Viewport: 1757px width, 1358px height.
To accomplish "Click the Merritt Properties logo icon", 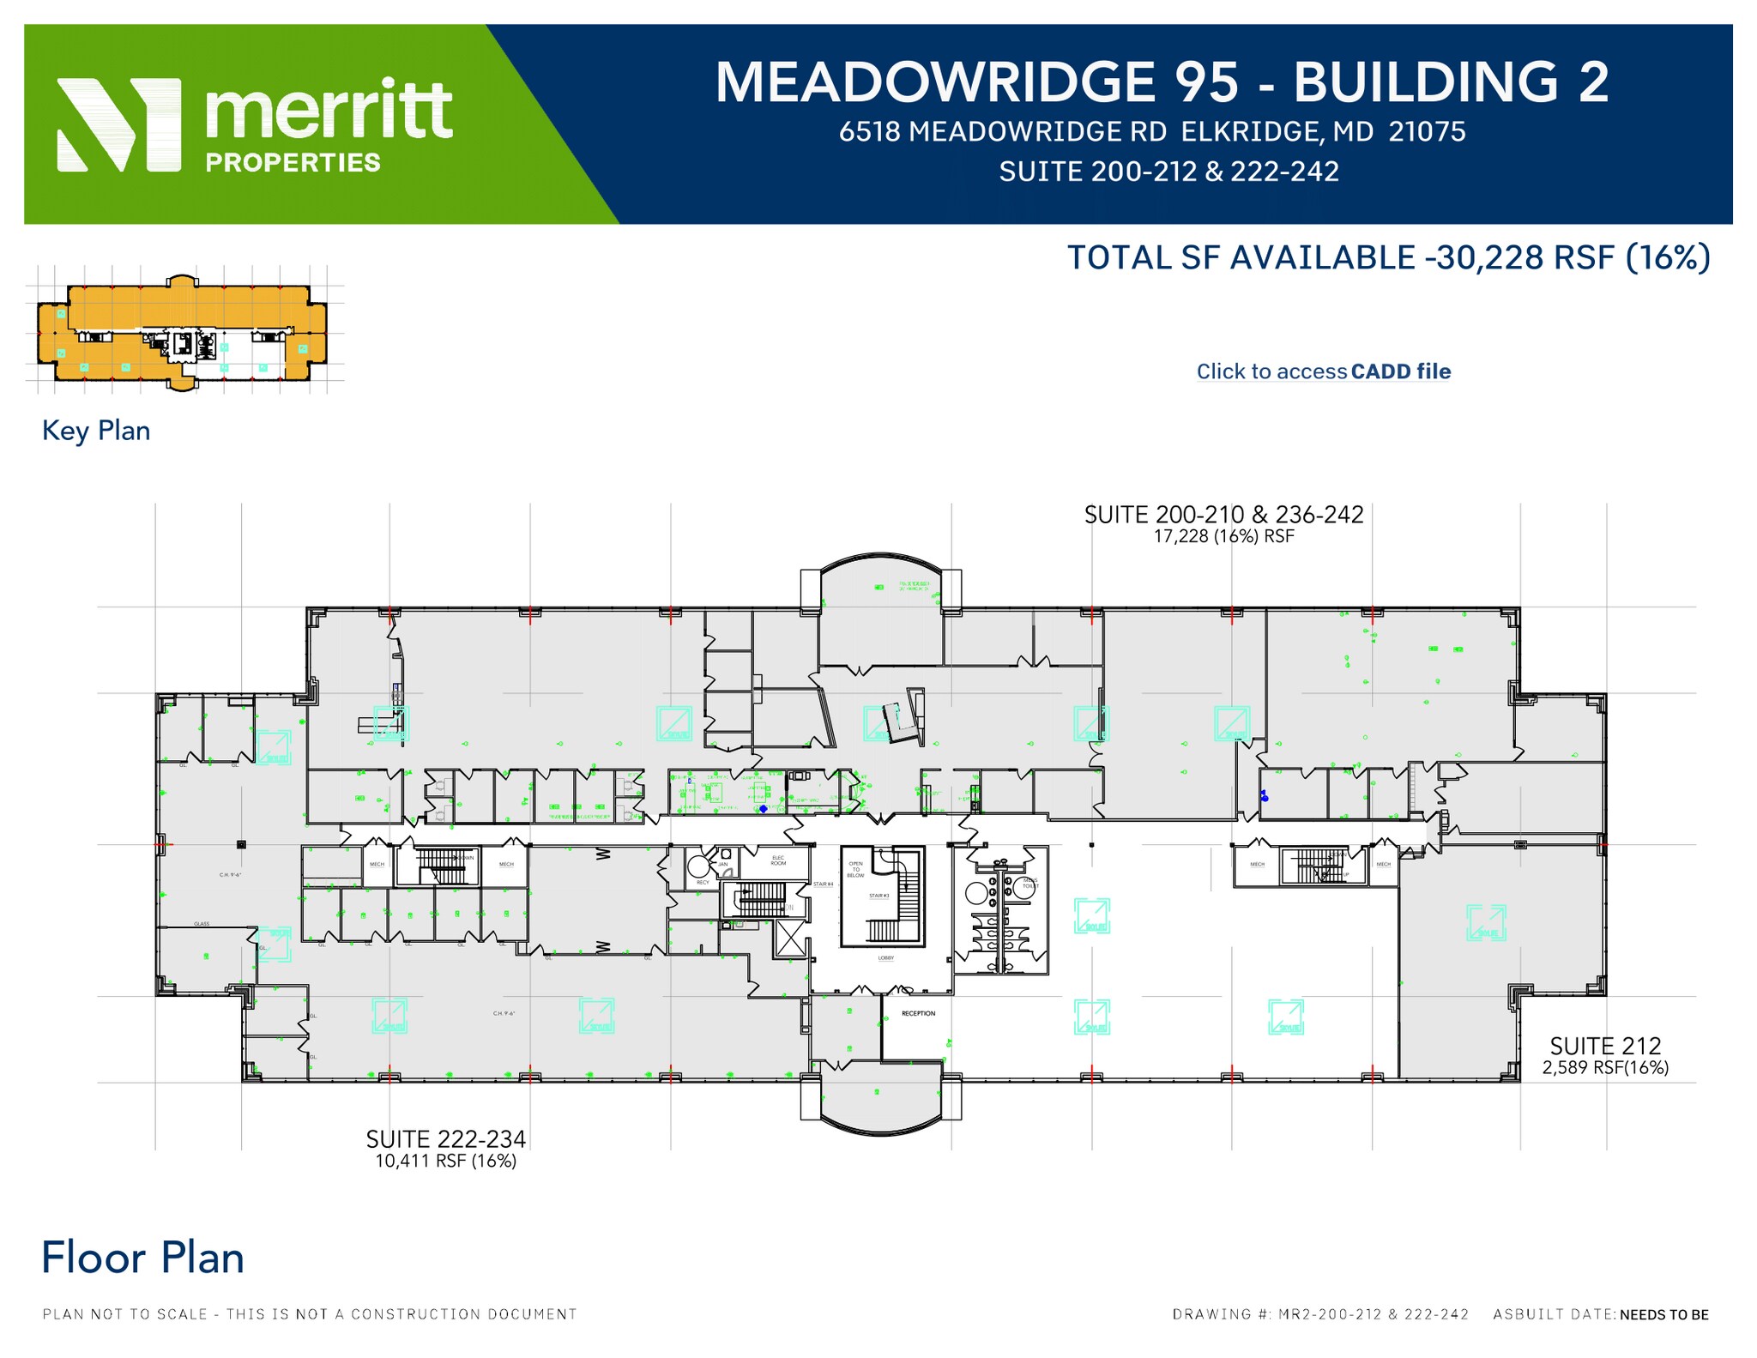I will (x=118, y=125).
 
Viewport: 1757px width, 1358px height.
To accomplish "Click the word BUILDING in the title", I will (x=1425, y=83).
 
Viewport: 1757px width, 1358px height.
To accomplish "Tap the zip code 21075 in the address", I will (x=1428, y=131).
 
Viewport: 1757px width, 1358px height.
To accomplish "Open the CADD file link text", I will (x=1400, y=371).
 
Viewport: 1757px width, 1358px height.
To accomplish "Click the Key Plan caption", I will (x=96, y=431).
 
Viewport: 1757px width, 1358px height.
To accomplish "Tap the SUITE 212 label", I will (x=1605, y=1046).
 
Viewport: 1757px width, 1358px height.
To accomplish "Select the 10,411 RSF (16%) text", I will (x=445, y=1161).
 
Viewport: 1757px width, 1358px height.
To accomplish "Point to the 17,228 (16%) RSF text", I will (x=1223, y=537).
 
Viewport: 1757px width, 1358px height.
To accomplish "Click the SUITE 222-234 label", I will (x=445, y=1139).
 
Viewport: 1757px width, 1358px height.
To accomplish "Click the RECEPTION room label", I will (x=918, y=1013).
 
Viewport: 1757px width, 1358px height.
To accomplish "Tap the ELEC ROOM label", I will (x=778, y=860).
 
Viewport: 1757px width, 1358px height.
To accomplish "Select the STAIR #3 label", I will (x=878, y=896).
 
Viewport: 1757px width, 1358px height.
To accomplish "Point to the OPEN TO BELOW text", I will (x=855, y=869).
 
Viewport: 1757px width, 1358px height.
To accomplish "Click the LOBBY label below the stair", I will (x=885, y=957).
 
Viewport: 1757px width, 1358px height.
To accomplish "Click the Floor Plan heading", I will (x=142, y=1258).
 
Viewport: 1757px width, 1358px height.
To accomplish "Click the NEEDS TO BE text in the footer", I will (x=1663, y=1314).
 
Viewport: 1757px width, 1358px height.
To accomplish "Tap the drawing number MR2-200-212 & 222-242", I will (x=1373, y=1314).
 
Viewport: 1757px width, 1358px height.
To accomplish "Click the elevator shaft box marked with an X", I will (x=789, y=938).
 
